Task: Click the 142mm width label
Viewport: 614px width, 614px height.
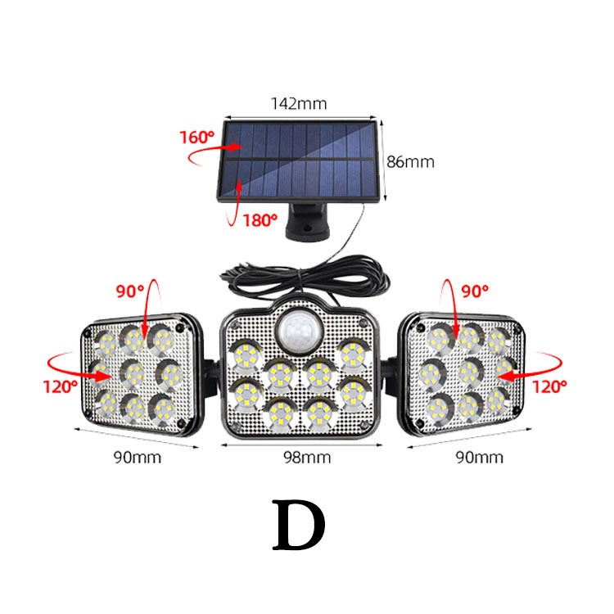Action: coord(298,104)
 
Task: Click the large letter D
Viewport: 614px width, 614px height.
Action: coord(299,527)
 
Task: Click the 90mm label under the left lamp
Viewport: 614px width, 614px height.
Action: coord(138,457)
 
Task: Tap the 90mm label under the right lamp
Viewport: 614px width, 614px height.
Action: coord(481,457)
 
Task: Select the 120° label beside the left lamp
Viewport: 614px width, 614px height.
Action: coord(60,383)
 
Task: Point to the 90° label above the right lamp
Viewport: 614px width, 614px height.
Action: coord(474,290)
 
